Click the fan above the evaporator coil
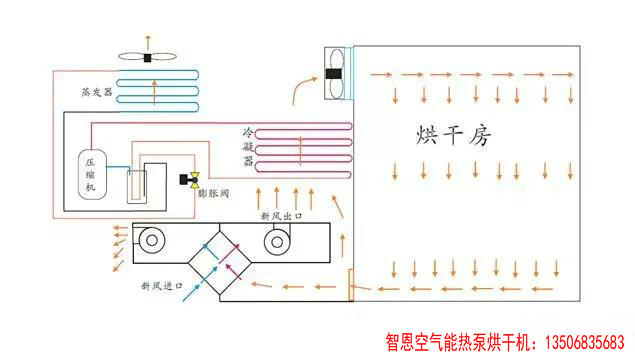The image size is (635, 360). pyautogui.click(x=148, y=57)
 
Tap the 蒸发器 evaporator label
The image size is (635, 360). pyautogui.click(x=96, y=91)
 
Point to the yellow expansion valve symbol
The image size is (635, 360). pyautogui.click(x=187, y=180)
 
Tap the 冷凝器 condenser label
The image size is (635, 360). pyautogui.click(x=247, y=146)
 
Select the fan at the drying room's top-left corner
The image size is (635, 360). pyautogui.click(x=336, y=72)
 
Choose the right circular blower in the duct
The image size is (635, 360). pyautogui.click(x=276, y=239)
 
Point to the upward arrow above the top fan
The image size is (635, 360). pyautogui.click(x=148, y=38)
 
